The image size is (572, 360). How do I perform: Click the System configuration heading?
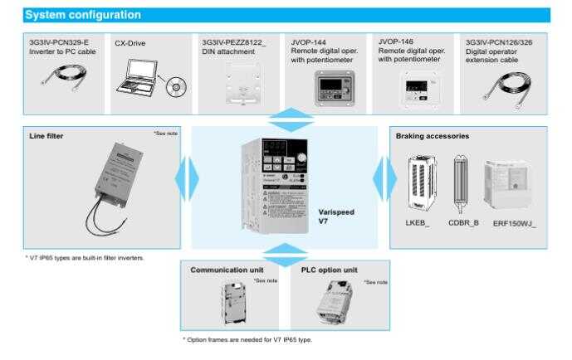83,15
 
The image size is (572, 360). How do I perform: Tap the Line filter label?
46,136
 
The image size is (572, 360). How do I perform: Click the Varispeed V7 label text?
335,216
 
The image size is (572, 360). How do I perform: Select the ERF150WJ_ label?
514,223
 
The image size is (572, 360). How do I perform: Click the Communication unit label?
227,270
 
